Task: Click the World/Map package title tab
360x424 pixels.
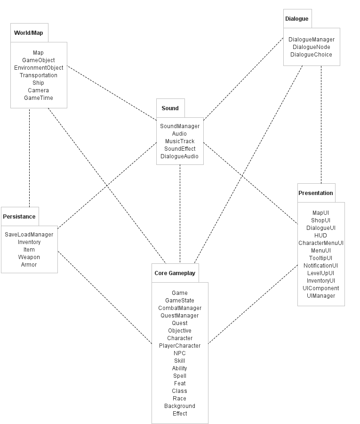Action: click(29, 33)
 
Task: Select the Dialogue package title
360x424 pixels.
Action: click(297, 19)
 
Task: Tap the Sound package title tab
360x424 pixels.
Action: click(170, 108)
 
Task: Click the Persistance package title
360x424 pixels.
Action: click(19, 217)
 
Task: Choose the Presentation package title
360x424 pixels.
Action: click(316, 193)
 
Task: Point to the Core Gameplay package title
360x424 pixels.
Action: click(175, 273)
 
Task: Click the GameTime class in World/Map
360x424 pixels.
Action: click(39, 98)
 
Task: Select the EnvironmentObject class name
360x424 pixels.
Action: click(39, 68)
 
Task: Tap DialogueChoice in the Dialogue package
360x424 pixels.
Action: click(311, 55)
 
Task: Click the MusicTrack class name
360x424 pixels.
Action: click(180, 141)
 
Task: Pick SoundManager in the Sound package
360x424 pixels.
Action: click(180, 126)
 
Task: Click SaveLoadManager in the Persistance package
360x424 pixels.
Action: click(29, 235)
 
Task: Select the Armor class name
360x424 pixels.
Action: click(29, 265)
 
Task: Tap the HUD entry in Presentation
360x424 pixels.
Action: click(320, 236)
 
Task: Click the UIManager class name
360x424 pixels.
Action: click(321, 296)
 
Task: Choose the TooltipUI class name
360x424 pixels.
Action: click(321, 258)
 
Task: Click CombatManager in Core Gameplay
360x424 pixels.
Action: click(180, 308)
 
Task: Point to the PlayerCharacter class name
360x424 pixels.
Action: click(180, 346)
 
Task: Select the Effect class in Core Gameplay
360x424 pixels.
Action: click(180, 414)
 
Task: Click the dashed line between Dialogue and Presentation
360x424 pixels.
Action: click(321, 125)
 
